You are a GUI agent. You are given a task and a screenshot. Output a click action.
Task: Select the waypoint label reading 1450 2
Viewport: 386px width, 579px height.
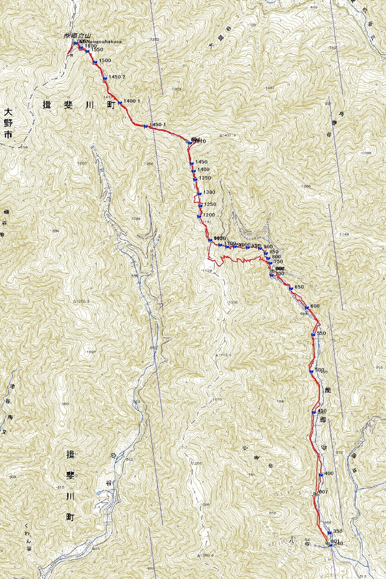[117, 77]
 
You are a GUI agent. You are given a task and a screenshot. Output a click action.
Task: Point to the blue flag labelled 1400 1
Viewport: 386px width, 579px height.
[120, 103]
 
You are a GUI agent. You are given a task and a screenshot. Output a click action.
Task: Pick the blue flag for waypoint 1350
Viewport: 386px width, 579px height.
[196, 179]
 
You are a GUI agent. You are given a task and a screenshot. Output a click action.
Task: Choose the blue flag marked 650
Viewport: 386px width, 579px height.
[291, 288]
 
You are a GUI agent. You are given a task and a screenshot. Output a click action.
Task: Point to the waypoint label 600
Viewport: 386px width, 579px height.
[315, 306]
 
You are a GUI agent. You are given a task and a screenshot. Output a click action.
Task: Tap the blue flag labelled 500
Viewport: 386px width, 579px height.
[311, 371]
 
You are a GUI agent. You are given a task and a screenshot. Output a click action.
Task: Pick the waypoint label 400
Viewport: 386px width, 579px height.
[329, 473]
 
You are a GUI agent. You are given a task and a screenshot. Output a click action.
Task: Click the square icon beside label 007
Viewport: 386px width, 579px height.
[315, 493]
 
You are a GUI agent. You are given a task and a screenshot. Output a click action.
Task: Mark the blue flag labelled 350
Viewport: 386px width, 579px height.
[329, 533]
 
